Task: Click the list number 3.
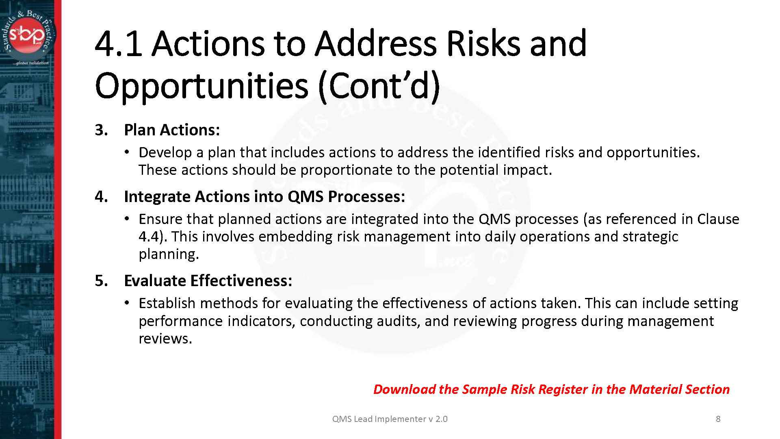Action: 101,130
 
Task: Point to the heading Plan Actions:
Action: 172,130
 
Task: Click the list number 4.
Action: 101,197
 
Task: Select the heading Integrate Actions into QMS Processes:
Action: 264,197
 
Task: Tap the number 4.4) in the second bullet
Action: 153,237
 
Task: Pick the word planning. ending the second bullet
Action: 169,254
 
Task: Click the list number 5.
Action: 101,281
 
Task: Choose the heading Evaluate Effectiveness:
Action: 208,281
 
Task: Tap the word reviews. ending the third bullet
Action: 165,339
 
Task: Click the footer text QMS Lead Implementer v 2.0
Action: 390,419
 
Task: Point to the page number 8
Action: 718,419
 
